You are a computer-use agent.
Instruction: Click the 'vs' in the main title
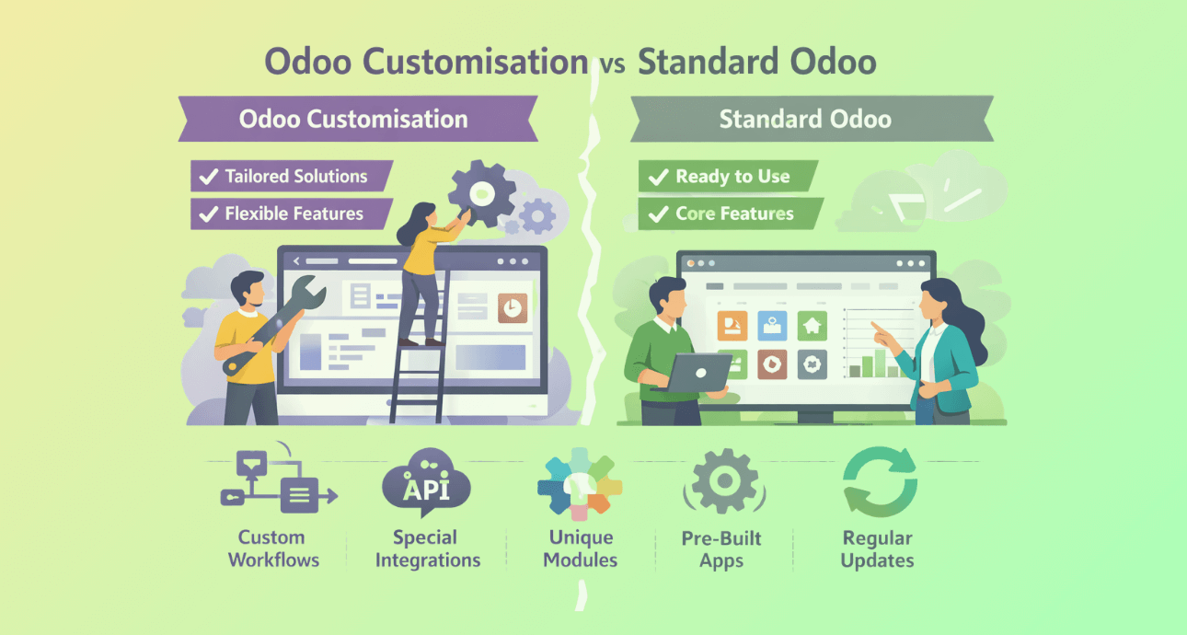(613, 64)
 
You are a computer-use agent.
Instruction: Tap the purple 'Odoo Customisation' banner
(358, 119)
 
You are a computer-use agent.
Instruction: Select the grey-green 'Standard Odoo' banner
(812, 119)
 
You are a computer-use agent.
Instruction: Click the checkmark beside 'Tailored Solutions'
(209, 177)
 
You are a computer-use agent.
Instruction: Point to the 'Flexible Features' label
(294, 214)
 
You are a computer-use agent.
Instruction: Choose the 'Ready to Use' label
(732, 176)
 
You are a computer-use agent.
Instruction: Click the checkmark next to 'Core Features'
(658, 214)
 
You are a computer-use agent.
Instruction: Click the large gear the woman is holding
(481, 193)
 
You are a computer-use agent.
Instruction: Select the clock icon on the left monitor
(513, 308)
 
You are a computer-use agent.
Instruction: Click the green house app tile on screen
(812, 326)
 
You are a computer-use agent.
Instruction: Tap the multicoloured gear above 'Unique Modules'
(580, 483)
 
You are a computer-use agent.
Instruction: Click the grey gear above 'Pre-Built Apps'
(724, 481)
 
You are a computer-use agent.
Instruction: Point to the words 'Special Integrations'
(428, 548)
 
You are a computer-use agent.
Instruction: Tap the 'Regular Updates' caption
(878, 549)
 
